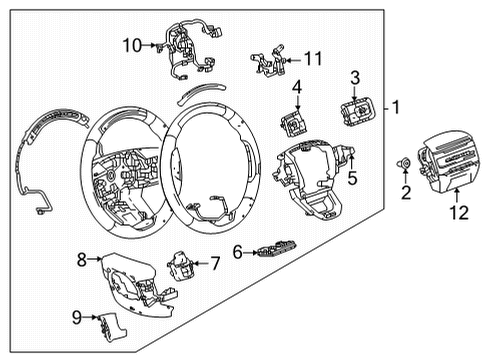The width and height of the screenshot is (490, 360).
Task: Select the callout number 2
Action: click(405, 191)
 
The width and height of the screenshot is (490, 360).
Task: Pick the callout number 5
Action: click(351, 181)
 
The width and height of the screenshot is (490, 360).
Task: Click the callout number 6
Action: click(239, 253)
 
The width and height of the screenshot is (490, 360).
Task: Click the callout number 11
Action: click(313, 60)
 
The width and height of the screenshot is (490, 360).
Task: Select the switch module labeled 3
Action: click(355, 108)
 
